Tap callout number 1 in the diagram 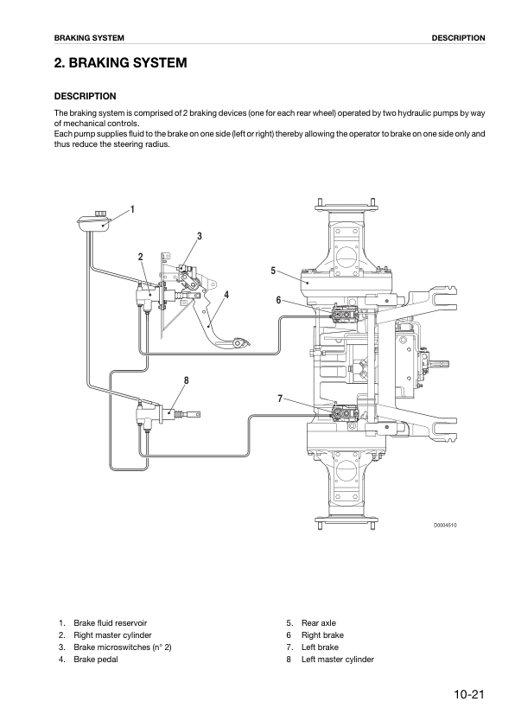(x=132, y=209)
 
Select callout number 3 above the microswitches (x=200, y=236)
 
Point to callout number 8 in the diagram (x=187, y=380)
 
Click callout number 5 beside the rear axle (x=273, y=271)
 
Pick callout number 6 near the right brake (x=278, y=300)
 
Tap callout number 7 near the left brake (x=280, y=399)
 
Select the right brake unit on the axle (x=344, y=316)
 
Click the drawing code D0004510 (x=445, y=526)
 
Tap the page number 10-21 (x=469, y=694)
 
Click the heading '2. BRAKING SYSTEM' (x=120, y=62)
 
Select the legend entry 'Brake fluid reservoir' (x=111, y=623)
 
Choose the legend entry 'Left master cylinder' (x=338, y=660)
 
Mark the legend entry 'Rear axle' (x=319, y=623)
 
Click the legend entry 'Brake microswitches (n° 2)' (x=123, y=647)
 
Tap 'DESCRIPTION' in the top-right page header (x=459, y=38)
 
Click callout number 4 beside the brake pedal (x=226, y=296)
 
